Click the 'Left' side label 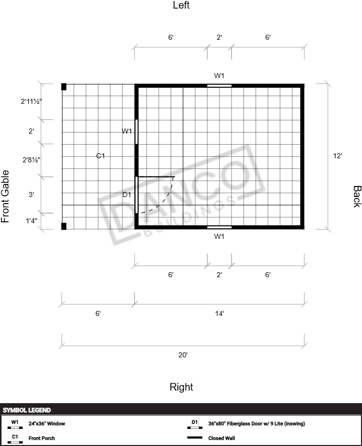pos(181,5)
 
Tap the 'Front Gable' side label pos(5,196)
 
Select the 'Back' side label pos(357,197)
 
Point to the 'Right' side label pos(181,387)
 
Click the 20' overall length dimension pos(183,355)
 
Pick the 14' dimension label pos(220,313)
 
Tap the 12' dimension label pos(337,156)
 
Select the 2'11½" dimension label pos(31,101)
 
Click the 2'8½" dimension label pos(31,160)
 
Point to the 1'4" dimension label pos(32,221)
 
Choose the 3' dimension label pos(31,195)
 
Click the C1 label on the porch pos(100,156)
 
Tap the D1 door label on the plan pos(127,195)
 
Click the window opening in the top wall pos(219,86)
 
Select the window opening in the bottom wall pos(219,227)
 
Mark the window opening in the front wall pos(136,132)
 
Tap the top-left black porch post pos(64,87)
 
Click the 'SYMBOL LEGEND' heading pos(27,410)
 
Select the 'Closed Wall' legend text pos(222,438)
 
